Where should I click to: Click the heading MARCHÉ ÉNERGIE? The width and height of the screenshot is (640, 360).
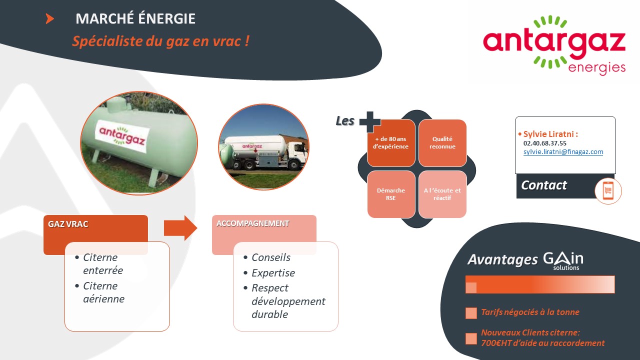coord(135,18)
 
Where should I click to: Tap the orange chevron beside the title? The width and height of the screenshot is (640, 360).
coord(49,19)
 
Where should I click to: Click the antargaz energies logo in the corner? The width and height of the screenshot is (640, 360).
coord(554,45)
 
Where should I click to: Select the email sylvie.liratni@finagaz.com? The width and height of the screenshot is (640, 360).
coord(563,151)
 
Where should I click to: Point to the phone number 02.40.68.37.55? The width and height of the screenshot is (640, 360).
coord(544,143)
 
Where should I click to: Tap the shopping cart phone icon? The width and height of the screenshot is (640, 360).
coord(608,190)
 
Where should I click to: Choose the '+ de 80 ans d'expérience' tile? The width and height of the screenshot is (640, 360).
coord(391,143)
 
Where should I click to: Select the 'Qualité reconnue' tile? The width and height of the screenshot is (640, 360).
coord(442,143)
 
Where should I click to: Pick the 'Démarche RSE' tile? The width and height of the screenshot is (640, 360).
coord(391,194)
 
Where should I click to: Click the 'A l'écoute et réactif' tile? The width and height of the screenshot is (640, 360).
coord(442,194)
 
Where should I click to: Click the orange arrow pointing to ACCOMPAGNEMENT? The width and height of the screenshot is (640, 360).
coord(180,228)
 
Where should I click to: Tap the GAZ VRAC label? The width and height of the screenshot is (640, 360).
coord(68,224)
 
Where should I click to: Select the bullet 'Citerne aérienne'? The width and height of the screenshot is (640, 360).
coord(103,292)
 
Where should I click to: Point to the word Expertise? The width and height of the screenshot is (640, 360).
coord(273,273)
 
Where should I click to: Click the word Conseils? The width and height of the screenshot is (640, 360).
coord(271,257)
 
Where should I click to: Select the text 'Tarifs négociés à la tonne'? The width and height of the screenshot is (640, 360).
coord(530,312)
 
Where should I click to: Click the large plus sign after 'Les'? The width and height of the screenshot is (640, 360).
coord(370,122)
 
